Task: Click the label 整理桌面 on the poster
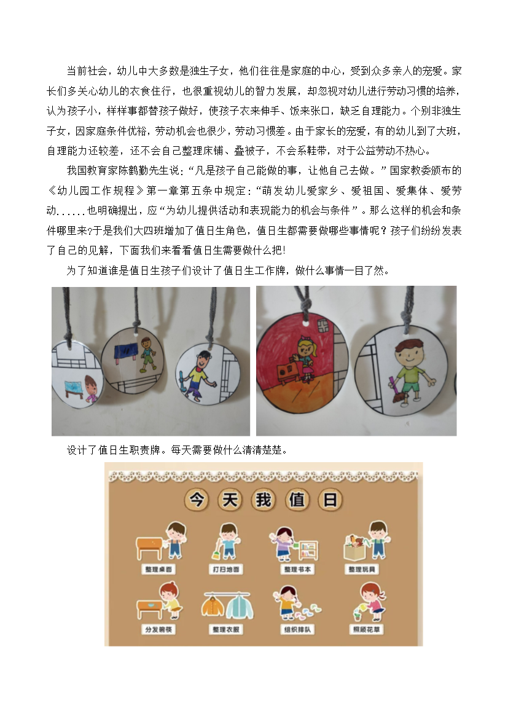point(158,569)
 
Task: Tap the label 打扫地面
point(225,569)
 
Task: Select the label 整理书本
point(297,569)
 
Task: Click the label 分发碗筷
point(158,629)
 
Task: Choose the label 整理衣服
point(225,629)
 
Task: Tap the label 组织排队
point(297,629)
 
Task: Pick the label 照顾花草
point(366,629)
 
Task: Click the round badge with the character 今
point(197,500)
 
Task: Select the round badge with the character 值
point(297,500)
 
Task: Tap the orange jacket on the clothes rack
point(213,606)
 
